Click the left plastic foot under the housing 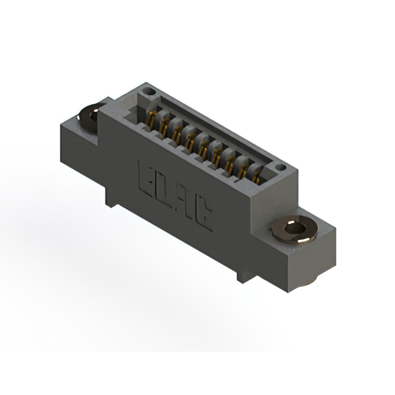pos(110,197)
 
